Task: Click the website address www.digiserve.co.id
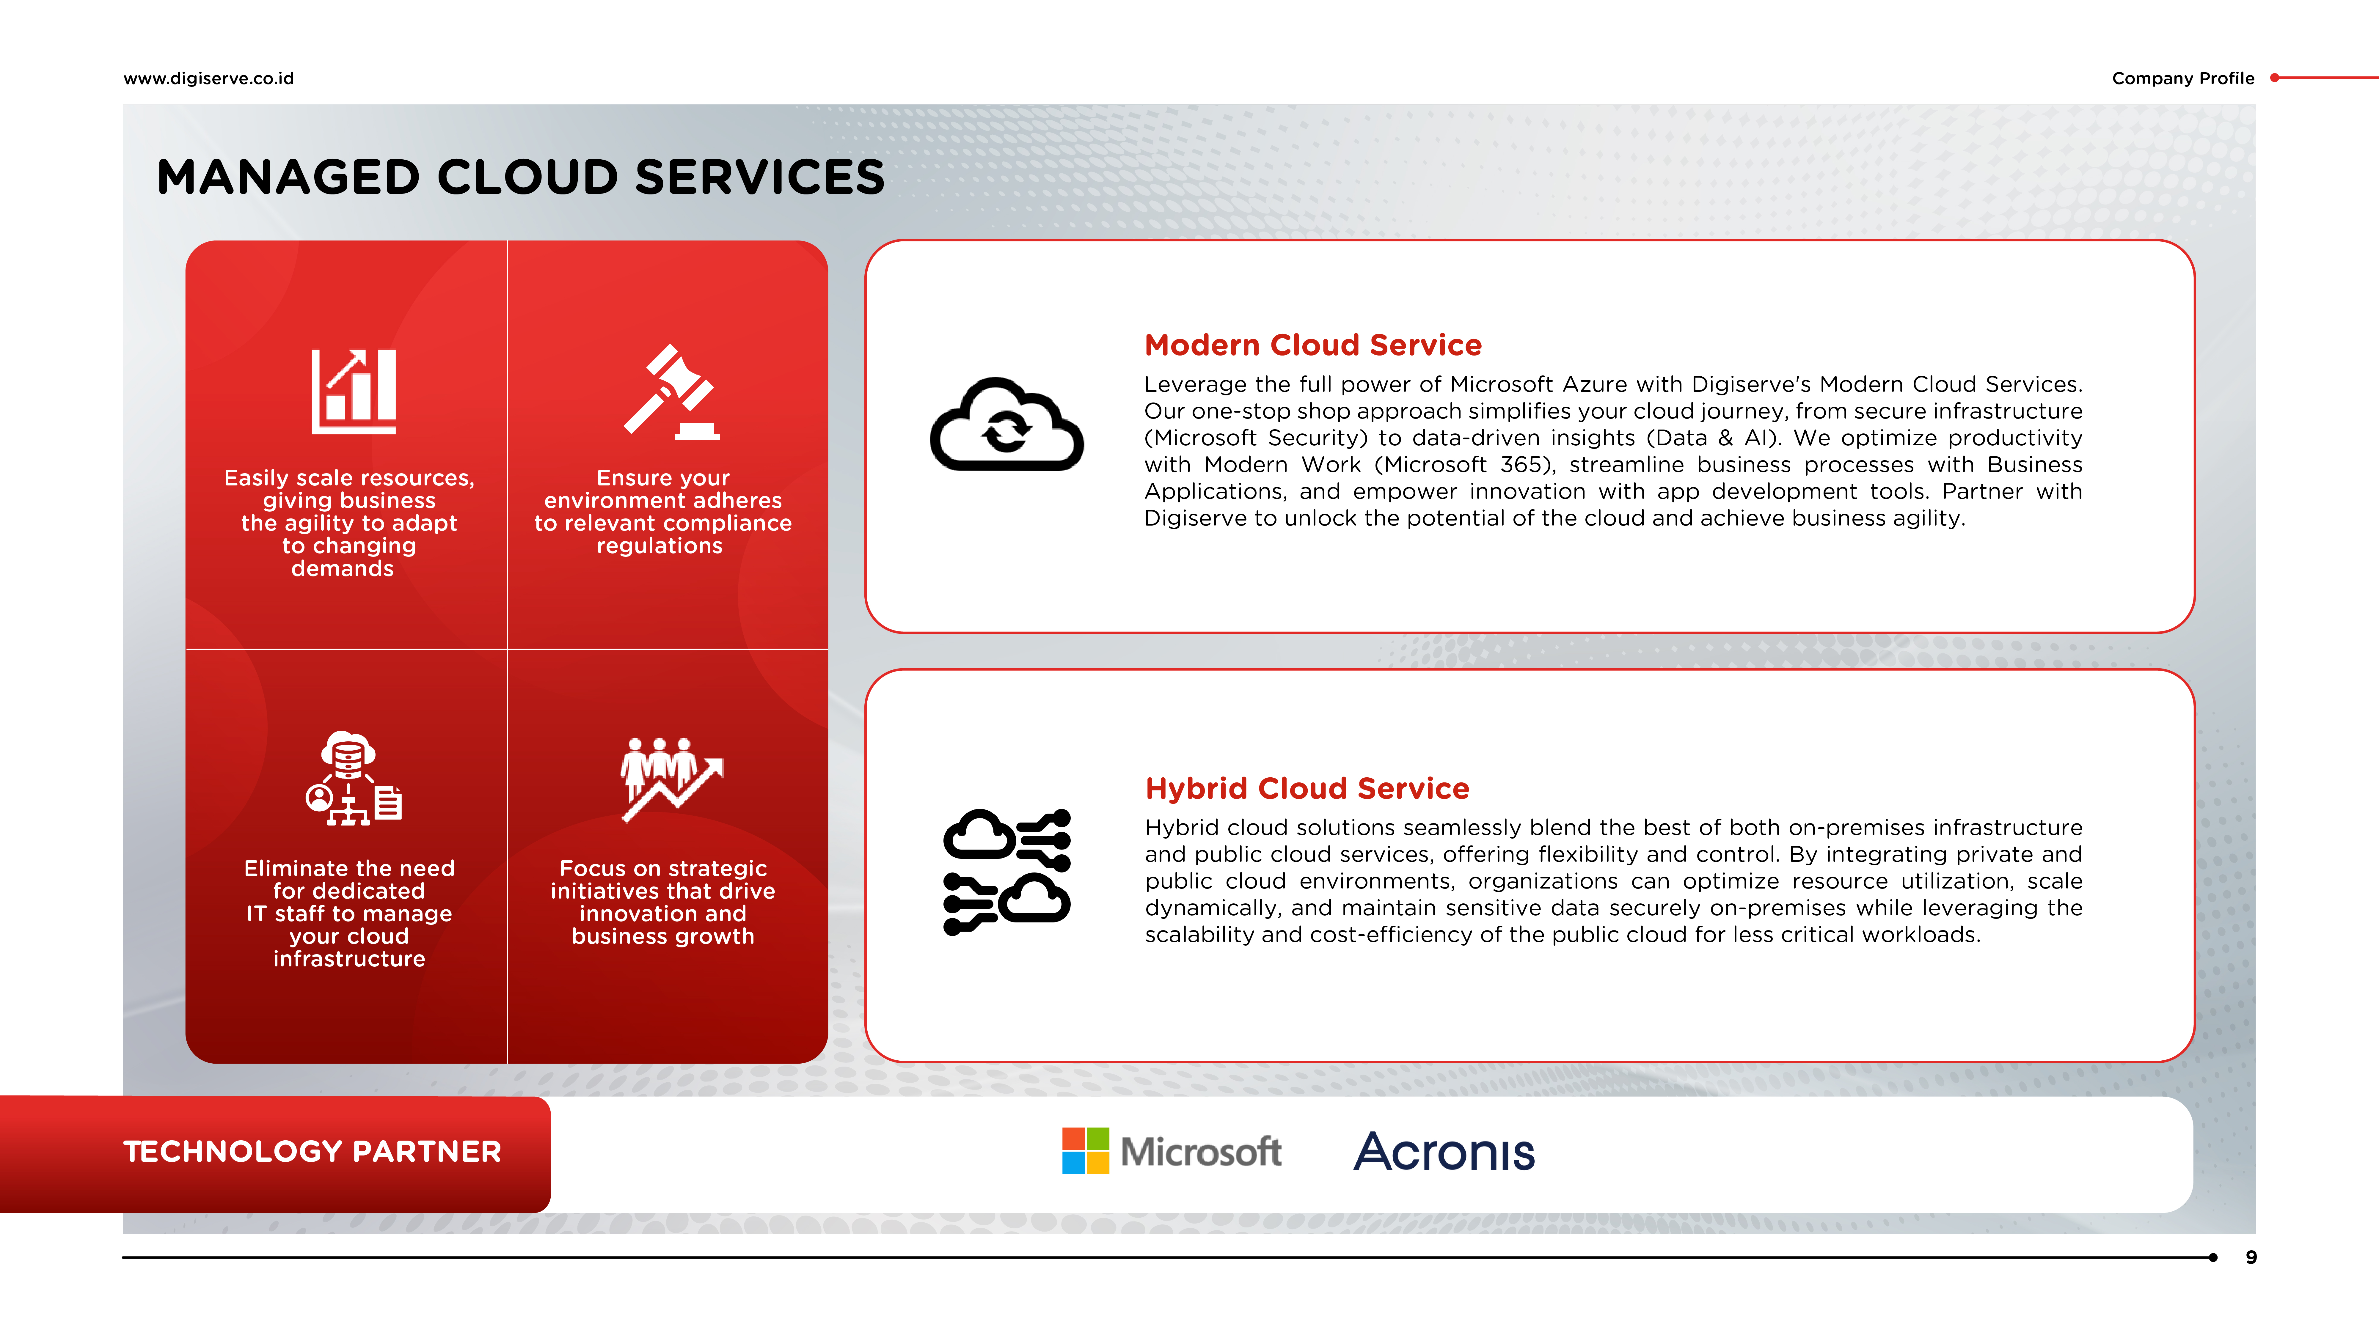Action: pos(209,78)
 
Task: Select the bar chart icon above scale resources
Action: pos(354,392)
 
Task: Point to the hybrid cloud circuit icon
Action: pos(1007,872)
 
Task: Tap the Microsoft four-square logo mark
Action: pos(1085,1150)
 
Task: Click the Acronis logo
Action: pos(1444,1152)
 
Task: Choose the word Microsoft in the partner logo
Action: pos(1201,1152)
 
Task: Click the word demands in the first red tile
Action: pos(343,569)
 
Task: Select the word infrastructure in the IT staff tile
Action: pos(349,959)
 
